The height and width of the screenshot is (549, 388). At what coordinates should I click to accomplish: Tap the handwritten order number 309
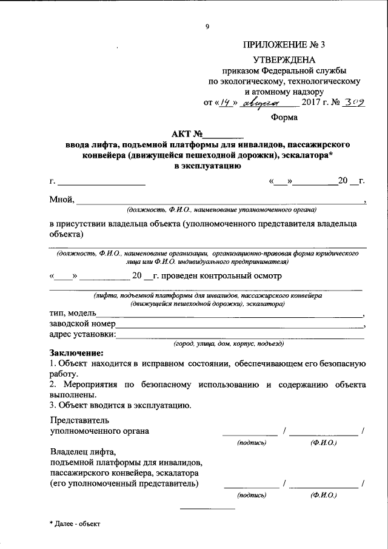point(352,103)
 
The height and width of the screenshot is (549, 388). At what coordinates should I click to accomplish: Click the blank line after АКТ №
point(222,135)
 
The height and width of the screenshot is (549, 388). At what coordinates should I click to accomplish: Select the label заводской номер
point(78,324)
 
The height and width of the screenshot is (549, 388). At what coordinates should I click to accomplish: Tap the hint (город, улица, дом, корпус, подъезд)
point(229,343)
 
